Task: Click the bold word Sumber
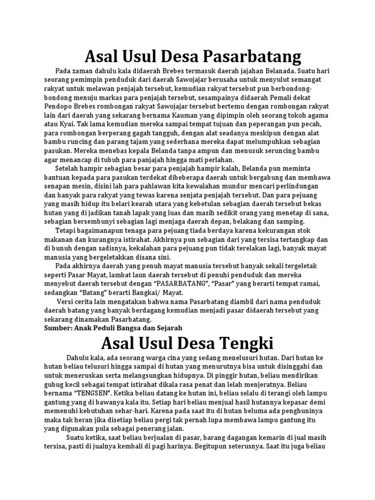pyautogui.click(x=57, y=328)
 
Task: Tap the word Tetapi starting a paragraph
pyautogui.click(x=67, y=231)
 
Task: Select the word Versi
pyautogui.click(x=67, y=302)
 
